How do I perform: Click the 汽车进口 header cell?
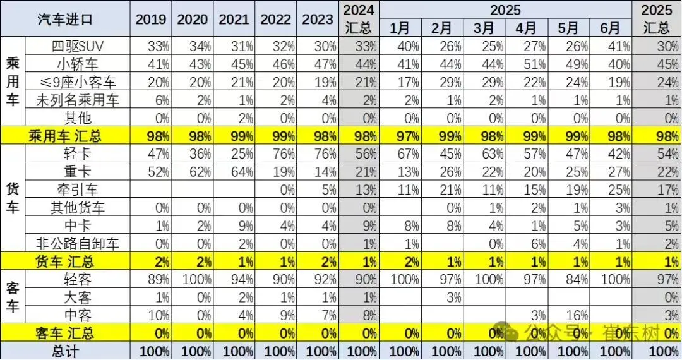pyautogui.click(x=66, y=19)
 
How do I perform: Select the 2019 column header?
pyautogui.click(x=151, y=19)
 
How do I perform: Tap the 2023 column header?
pyautogui.click(x=318, y=19)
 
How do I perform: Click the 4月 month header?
pyautogui.click(x=526, y=28)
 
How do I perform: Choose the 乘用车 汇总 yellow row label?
pyautogui.click(x=66, y=136)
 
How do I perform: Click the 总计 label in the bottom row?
pyautogui.click(x=66, y=351)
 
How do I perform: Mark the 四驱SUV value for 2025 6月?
pyautogui.click(x=616, y=46)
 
